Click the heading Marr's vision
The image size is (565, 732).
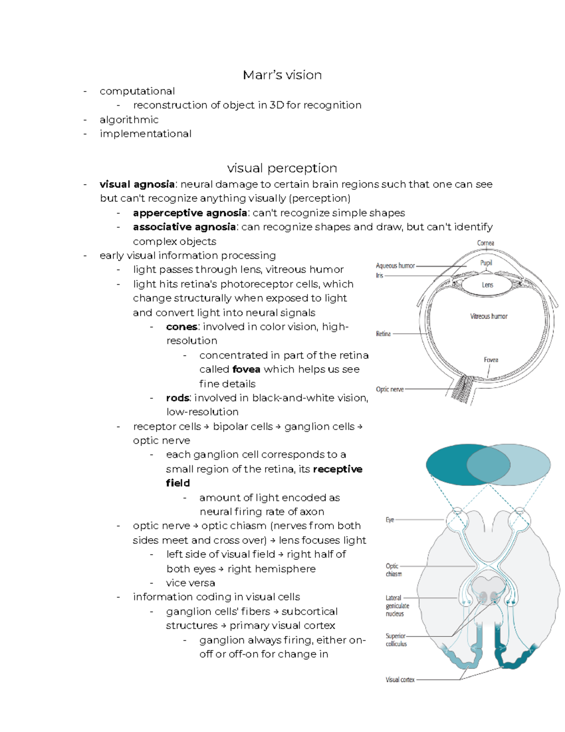point(282,75)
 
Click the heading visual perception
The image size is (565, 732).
point(282,168)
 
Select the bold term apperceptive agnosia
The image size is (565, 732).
point(190,213)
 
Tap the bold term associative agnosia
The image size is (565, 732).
point(184,227)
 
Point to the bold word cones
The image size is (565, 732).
point(181,327)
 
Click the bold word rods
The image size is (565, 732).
point(178,398)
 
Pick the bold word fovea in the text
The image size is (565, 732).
point(246,370)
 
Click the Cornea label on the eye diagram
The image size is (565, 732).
point(485,243)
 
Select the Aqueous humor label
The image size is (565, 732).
point(395,266)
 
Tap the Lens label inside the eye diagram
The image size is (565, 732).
point(487,285)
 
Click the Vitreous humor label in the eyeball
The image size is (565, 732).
point(489,316)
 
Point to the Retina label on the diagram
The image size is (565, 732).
point(383,334)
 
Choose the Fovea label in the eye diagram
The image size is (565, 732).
point(491,360)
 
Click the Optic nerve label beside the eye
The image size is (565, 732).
point(389,389)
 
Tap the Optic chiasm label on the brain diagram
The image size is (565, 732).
point(393,570)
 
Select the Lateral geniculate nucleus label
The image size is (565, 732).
point(397,606)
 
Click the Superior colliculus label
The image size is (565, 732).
point(396,640)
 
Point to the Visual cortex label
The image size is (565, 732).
point(400,680)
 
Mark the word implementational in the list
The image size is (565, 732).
point(145,134)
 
